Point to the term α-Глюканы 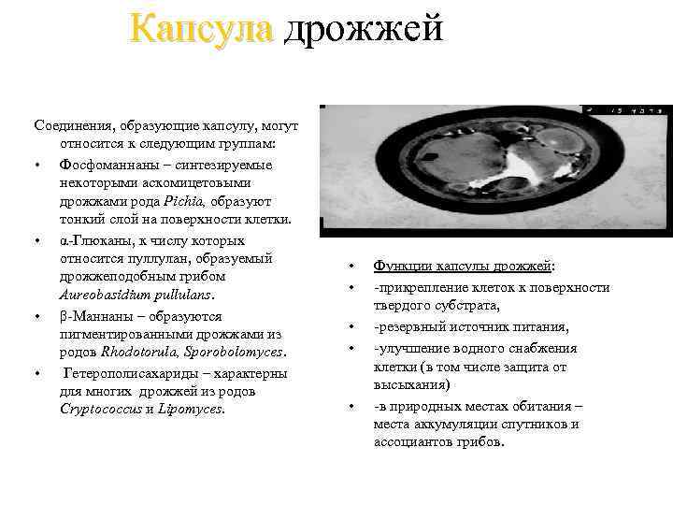93,239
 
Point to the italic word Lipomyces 193,409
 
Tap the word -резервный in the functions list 407,326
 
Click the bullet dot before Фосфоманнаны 37,166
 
